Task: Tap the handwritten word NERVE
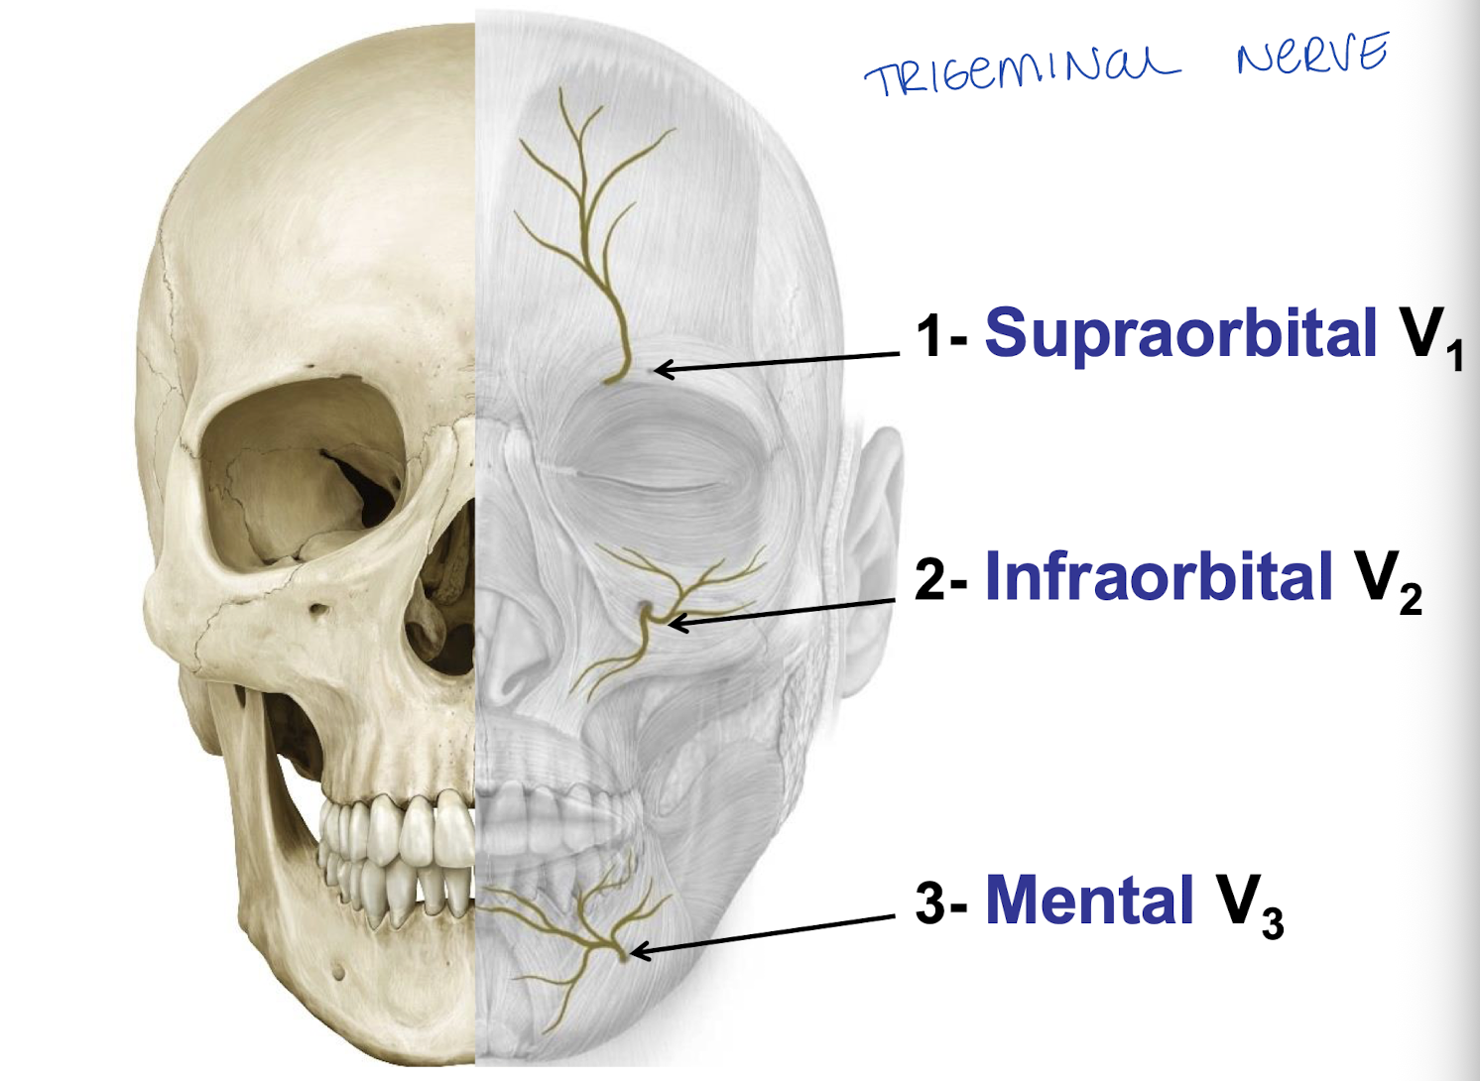[x=1311, y=55]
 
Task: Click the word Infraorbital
[x=1159, y=576]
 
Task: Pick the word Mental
[x=1088, y=901]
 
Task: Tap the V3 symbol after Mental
[x=1250, y=905]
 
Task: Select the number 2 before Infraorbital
[x=930, y=579]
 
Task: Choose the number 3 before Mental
[x=930, y=903]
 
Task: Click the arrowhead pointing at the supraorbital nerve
[x=663, y=370]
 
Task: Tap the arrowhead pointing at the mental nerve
[x=638, y=951]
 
